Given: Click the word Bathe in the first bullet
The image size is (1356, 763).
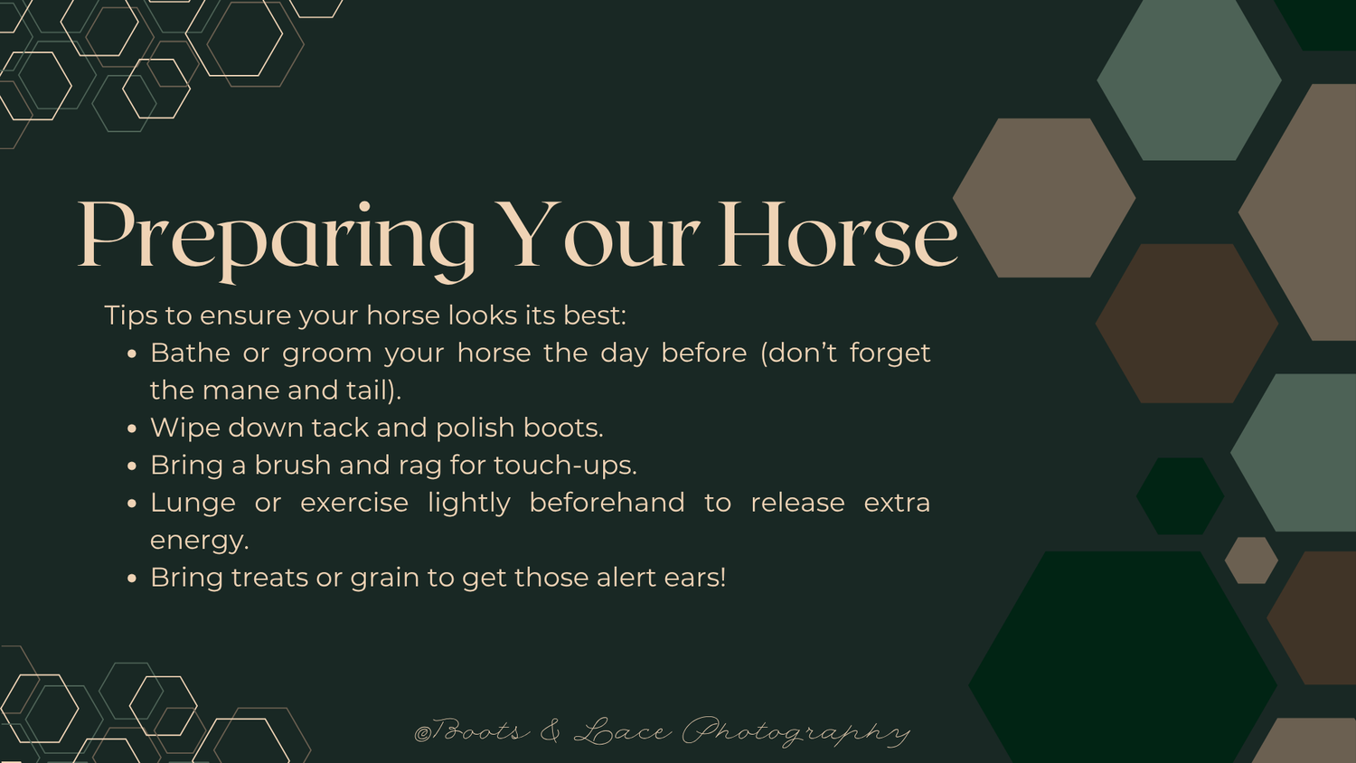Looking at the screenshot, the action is coord(190,353).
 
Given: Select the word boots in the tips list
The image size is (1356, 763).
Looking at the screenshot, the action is coord(563,428).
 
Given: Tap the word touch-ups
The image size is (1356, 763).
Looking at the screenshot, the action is coord(565,466).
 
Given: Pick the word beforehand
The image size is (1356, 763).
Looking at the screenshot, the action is coord(607,503).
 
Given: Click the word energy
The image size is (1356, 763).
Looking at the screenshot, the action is coord(199,541).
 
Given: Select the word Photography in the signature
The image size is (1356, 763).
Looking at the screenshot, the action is coord(796,731).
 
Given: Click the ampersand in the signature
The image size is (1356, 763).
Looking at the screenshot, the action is coord(550,730).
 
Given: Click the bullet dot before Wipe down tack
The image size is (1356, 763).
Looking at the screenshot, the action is coord(133,429).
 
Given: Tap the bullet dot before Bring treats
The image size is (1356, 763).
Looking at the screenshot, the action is coord(133,579).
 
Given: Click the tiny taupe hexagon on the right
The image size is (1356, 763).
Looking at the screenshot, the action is coord(1251,560).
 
